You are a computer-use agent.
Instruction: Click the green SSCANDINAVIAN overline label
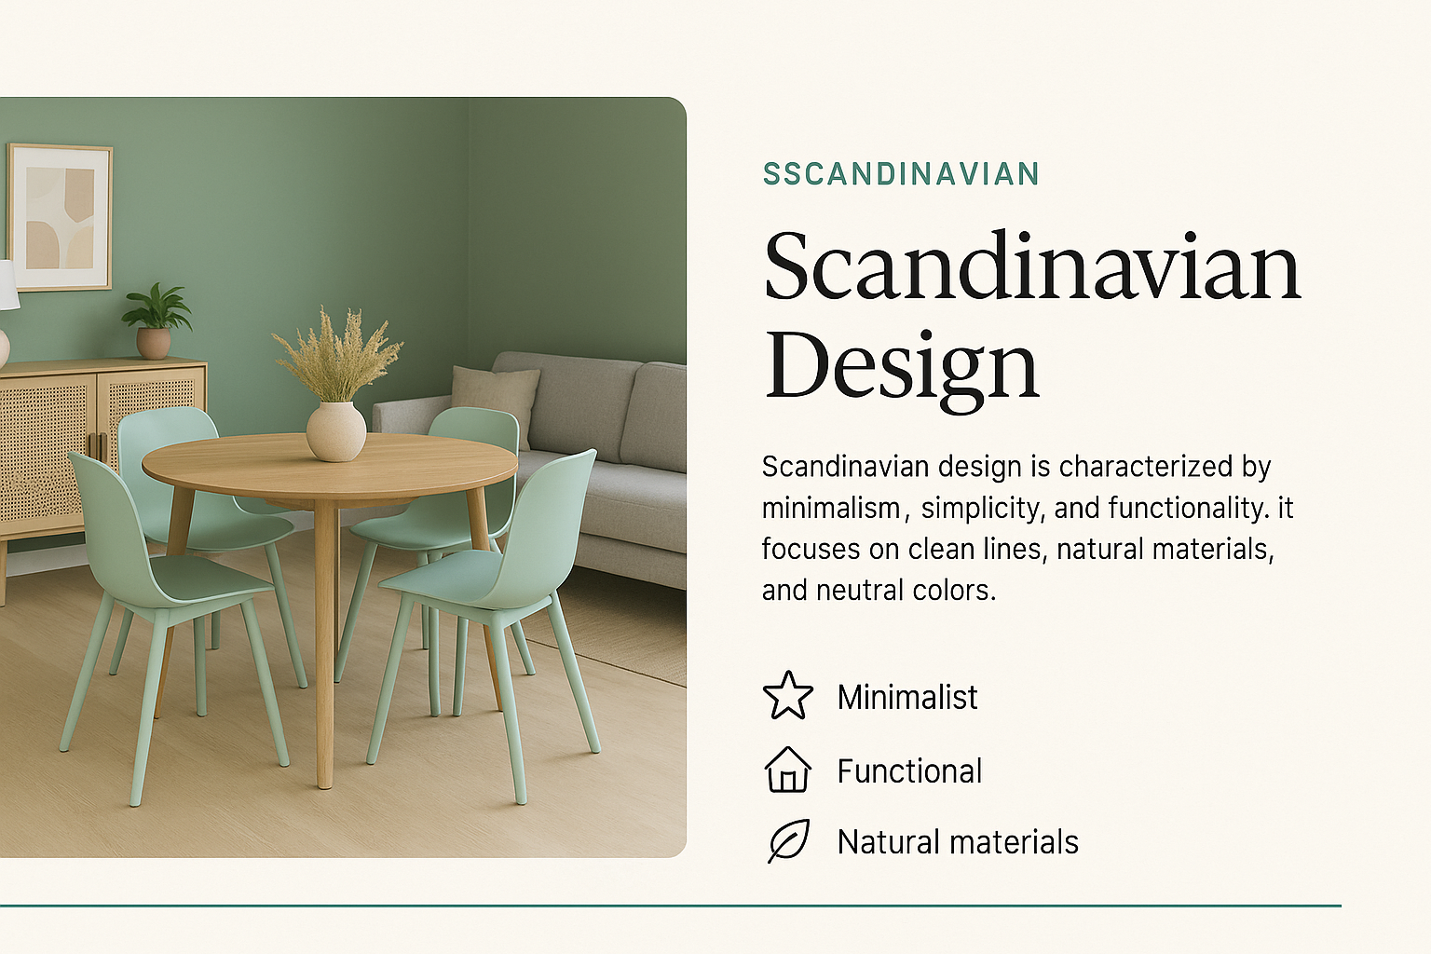(902, 174)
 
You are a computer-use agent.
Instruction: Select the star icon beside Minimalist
(788, 695)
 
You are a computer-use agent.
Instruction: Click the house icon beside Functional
(788, 770)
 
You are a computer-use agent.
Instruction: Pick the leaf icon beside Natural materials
(788, 841)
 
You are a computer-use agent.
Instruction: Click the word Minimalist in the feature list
(907, 697)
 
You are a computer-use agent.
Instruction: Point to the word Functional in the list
(909, 770)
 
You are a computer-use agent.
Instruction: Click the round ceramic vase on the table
(336, 431)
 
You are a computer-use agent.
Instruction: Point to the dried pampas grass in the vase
(336, 355)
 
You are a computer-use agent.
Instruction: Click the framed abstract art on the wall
(60, 218)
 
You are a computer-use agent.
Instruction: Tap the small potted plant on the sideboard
(156, 321)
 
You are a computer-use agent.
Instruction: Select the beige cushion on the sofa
(496, 400)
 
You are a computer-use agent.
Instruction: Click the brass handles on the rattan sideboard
(98, 446)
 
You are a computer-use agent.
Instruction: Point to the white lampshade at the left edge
(8, 286)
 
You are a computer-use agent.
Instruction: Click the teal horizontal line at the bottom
(671, 906)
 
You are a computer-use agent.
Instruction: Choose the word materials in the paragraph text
(1208, 550)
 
